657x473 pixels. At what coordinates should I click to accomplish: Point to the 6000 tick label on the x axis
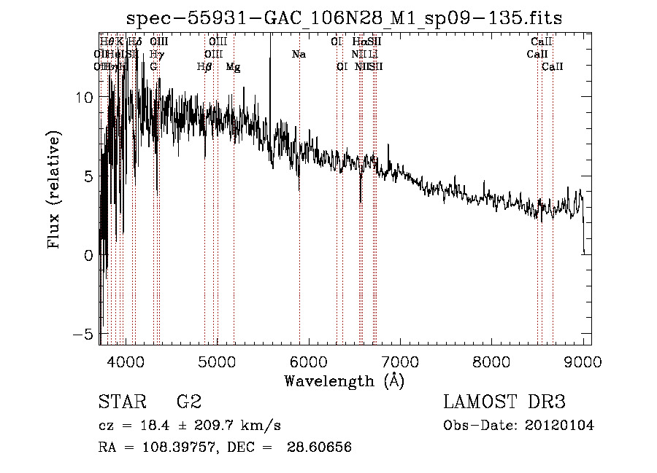click(x=309, y=360)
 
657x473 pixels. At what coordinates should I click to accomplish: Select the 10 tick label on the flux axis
click(x=85, y=97)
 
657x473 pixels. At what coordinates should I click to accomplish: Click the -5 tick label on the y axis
click(x=85, y=334)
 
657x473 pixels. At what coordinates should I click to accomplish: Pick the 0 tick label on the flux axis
click(x=90, y=254)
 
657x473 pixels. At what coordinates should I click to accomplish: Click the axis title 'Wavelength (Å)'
click(x=345, y=380)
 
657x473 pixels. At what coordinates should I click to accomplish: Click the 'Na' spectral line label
click(x=299, y=55)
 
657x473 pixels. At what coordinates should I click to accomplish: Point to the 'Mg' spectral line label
click(x=233, y=67)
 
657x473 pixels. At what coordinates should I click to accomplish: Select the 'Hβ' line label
click(x=204, y=67)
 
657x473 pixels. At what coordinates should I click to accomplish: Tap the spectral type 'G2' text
click(x=189, y=402)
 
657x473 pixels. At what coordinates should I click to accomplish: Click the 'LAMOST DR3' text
click(x=504, y=402)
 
